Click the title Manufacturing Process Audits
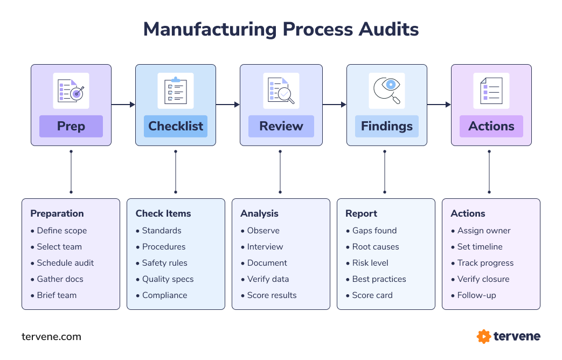281,29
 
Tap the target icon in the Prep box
71,91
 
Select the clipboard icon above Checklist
176,91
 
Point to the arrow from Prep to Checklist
123,105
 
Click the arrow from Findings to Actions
439,105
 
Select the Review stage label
281,126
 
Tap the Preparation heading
57,213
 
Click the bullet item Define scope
61,231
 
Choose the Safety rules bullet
164,263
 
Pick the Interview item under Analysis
265,247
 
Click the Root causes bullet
376,247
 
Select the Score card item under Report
372,295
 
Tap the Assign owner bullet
484,231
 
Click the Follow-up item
476,295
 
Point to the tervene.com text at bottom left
51,337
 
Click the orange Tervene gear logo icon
483,337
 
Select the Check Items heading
163,213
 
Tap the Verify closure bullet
483,279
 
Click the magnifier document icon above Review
281,91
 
